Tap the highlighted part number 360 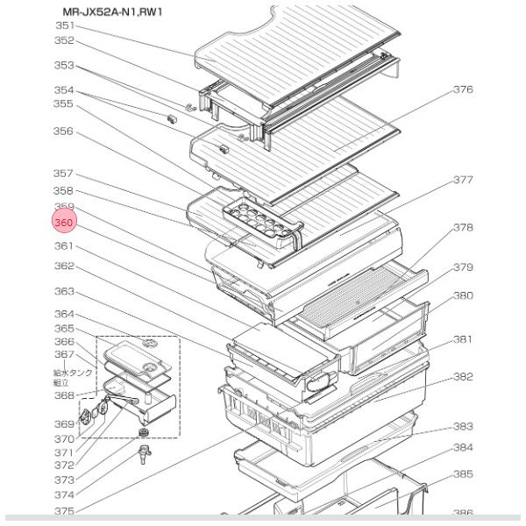coord(64,224)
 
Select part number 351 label coord(64,25)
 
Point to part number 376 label coord(463,89)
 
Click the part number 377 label coord(463,181)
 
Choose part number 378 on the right coord(463,227)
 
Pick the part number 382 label coord(463,377)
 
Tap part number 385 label coord(463,474)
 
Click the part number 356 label coord(64,132)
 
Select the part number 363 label coord(64,291)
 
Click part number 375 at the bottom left coord(64,511)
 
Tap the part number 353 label coord(64,66)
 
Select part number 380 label coord(463,295)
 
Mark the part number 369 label coord(64,423)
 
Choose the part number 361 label coord(64,246)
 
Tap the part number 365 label coord(64,328)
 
